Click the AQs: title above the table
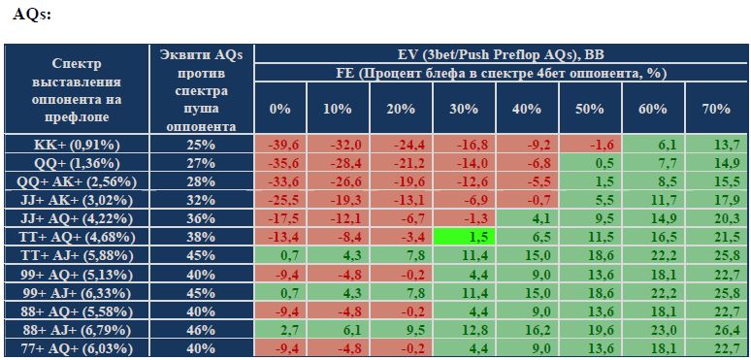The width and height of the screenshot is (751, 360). coord(32,14)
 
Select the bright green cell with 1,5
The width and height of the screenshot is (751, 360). coord(464,237)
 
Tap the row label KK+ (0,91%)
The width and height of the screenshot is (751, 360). coord(77,145)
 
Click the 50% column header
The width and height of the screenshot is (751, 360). coord(590,109)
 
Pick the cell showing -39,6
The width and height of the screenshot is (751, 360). coord(280,145)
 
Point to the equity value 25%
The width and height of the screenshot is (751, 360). coord(201,145)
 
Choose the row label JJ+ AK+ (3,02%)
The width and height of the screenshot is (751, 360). coord(77,200)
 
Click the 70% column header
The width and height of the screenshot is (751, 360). coord(716,109)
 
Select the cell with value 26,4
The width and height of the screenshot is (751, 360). coord(716,330)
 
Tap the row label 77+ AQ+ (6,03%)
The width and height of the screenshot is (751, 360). coord(77,348)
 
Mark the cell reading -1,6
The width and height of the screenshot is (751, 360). coord(590,145)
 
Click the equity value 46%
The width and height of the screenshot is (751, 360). coord(201,330)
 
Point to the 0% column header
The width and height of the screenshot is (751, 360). coord(280,109)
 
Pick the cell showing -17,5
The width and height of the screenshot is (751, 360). coord(280,218)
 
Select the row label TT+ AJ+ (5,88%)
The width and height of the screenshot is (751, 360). coord(77,255)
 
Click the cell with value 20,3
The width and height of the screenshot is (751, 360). coord(716,218)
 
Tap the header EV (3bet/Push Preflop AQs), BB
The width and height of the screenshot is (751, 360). coord(501,54)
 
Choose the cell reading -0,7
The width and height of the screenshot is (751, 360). coord(527,200)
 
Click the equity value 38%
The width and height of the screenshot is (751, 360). coord(201,237)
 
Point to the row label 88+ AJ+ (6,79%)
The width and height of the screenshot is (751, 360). coord(77,330)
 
